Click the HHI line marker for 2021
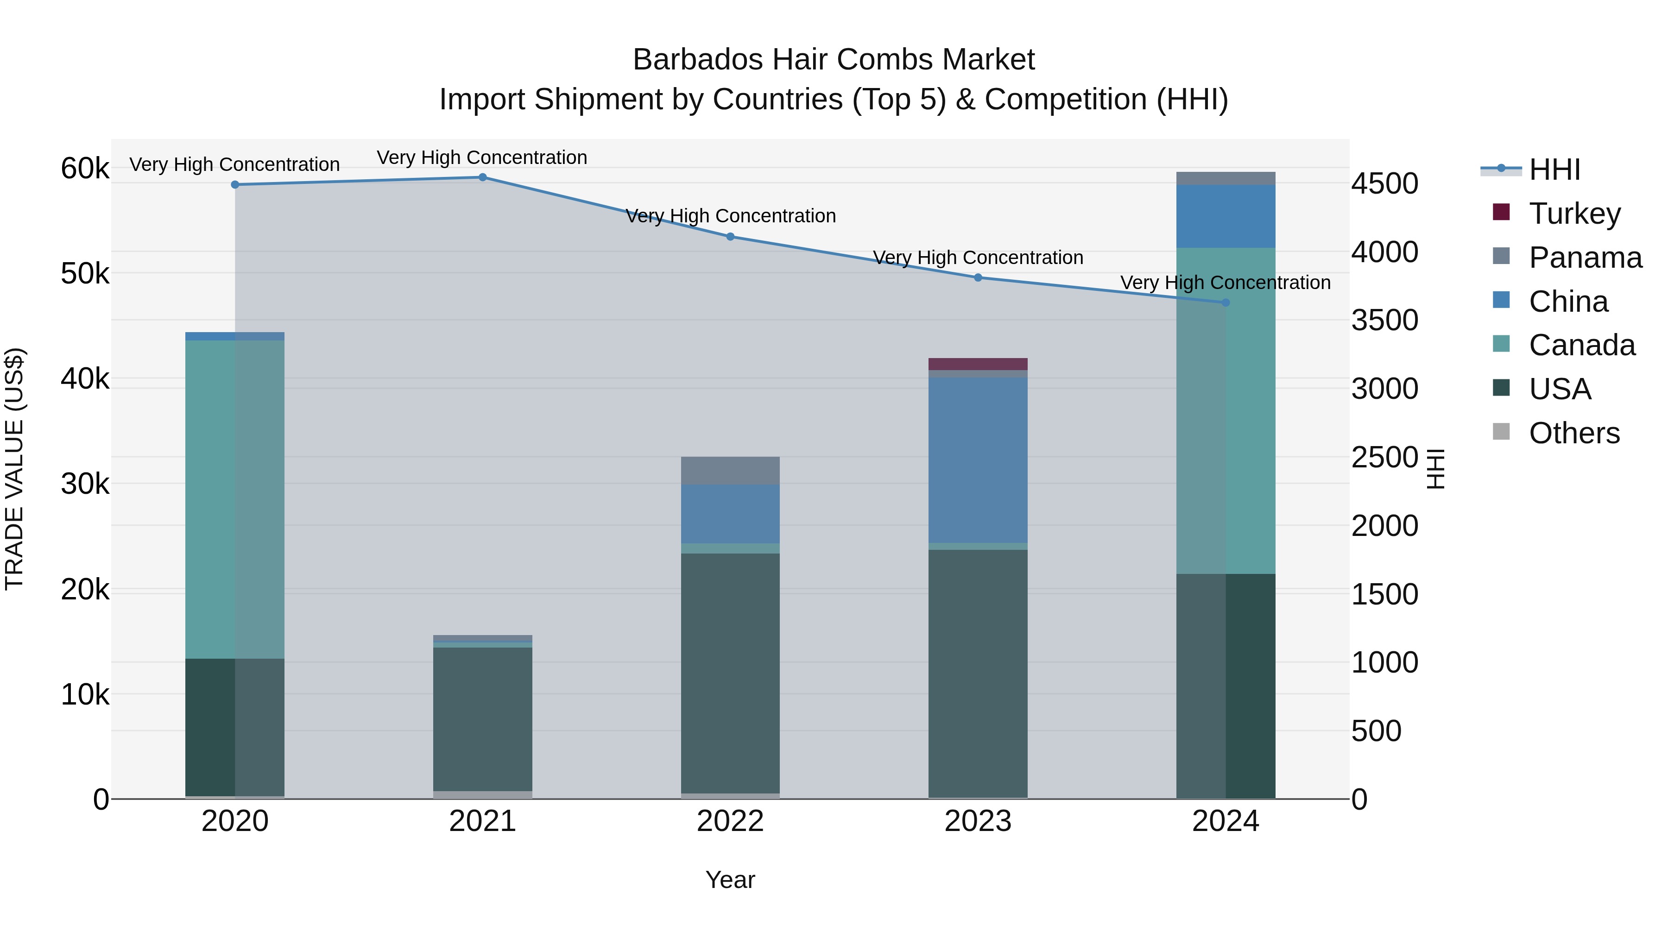tap(482, 177)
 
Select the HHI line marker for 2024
tap(1225, 302)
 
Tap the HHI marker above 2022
tap(730, 237)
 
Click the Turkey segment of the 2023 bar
tap(978, 364)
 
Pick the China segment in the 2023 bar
tap(978, 460)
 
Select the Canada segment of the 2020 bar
tap(234, 498)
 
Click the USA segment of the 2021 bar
tap(482, 718)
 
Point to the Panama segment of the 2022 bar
tap(730, 471)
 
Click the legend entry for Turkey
tap(1573, 214)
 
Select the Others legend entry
tap(1573, 433)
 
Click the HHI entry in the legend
tap(1554, 170)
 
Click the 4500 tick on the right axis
tap(1384, 184)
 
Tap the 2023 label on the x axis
tap(978, 821)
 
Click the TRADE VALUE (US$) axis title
tap(14, 469)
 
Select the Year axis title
tap(730, 880)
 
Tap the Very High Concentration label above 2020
tap(234, 164)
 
